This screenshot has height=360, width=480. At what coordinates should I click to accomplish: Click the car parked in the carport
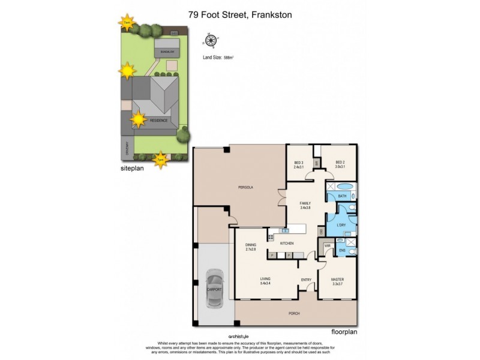pos(214,289)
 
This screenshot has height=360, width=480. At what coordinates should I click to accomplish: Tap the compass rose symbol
pos(211,41)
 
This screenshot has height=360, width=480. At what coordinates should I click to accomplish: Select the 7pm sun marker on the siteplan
pos(160,160)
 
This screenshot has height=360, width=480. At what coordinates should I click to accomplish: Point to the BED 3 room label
pos(298,165)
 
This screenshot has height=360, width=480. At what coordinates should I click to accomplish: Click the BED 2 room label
pos(340,165)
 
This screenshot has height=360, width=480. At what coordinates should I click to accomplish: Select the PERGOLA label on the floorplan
pos(245,188)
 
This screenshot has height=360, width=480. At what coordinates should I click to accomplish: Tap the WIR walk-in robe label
pos(328,245)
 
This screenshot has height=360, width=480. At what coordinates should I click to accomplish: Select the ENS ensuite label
pos(342,250)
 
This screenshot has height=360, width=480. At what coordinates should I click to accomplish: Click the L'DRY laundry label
pos(341,225)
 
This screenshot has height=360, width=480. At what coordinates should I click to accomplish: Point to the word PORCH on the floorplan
pos(294,313)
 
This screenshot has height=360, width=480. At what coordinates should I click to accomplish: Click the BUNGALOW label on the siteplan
pos(167,53)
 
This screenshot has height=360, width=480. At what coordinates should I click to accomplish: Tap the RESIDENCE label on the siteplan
pos(158,120)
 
